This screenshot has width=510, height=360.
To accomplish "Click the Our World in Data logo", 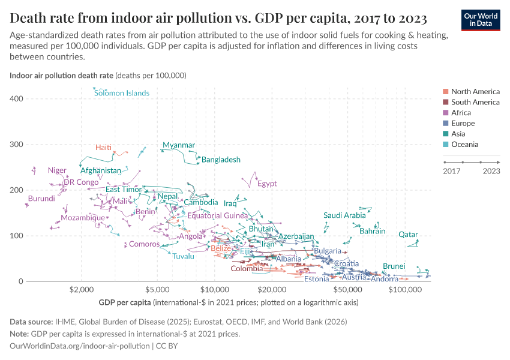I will coord(481,19).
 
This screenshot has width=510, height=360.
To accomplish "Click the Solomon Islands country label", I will coord(122,93).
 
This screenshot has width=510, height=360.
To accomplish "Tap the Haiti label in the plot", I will coord(104,148).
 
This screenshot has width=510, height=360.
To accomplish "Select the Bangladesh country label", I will coord(221,160).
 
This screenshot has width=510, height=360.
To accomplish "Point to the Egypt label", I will coord(267,184).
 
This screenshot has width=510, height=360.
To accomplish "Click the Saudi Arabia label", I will coord(344,215).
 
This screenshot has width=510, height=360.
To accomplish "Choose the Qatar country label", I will coord(408,235).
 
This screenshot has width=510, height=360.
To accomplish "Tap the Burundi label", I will coord(41,199).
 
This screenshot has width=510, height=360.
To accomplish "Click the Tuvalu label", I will coord(184,256).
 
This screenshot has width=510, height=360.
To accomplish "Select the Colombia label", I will coord(247,269).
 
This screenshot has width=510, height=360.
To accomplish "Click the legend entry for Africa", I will coord(461,113).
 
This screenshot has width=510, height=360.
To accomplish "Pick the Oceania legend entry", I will coord(464,145).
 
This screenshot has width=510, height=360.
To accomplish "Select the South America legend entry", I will coord(475,102).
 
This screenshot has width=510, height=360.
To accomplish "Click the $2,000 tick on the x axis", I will coord(82,290).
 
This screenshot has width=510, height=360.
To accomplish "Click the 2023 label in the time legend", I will coord(491,171).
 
